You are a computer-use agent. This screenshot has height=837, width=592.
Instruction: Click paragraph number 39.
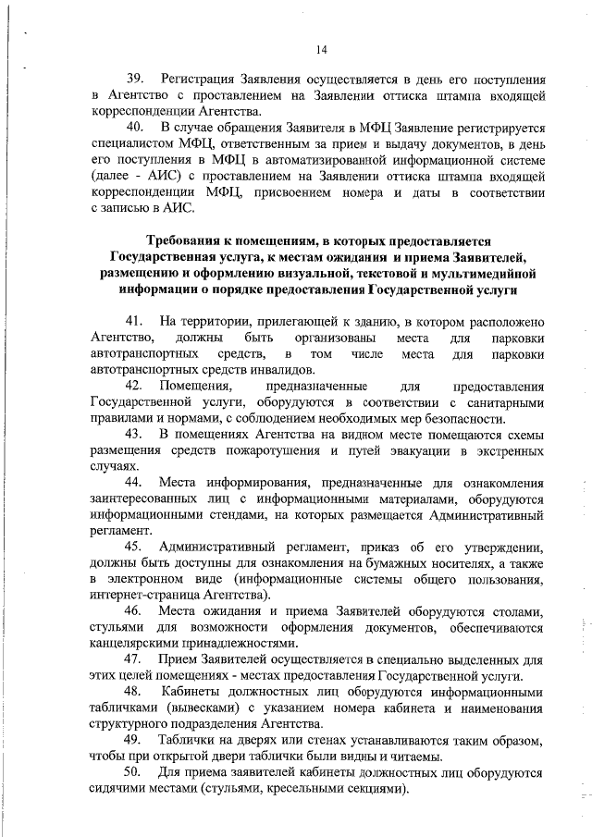[137, 77]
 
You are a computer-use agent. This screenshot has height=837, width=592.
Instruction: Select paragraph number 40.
[137, 127]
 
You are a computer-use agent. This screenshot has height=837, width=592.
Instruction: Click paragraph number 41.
[137, 320]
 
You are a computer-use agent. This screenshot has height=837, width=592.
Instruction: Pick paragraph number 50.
[137, 776]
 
